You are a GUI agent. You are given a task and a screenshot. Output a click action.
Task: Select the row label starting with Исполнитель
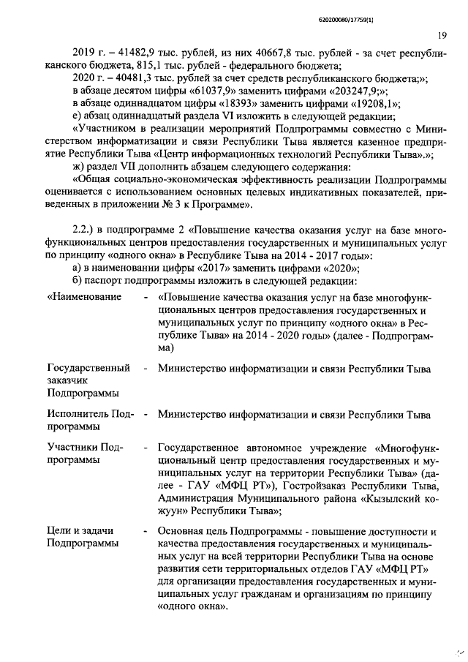[x=80, y=415]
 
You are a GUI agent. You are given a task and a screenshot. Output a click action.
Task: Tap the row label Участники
[x=72, y=447]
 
